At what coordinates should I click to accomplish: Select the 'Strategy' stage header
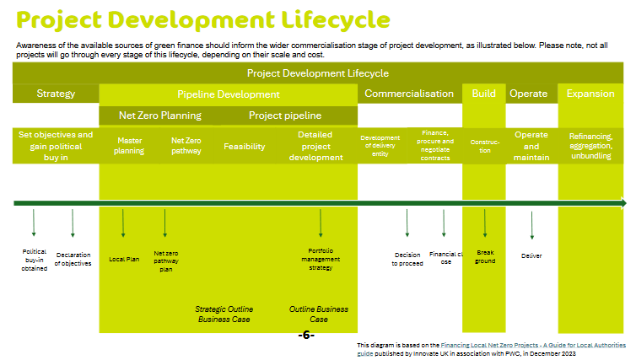56,94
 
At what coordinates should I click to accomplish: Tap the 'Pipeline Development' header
228,94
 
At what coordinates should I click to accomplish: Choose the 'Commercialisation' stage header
409,94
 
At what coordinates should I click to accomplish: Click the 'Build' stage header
483,94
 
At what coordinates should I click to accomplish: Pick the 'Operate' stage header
528,94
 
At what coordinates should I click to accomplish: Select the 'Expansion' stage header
590,94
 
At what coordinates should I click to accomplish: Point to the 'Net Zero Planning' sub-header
160,116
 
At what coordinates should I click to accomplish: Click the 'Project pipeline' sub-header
284,116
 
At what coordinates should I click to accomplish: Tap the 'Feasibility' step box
245,146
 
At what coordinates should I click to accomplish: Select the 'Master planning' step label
129,146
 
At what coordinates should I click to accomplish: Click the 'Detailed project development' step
315,146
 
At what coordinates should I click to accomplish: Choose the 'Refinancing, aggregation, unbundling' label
590,146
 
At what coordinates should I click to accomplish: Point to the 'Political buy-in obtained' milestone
34,260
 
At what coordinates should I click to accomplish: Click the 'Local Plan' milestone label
124,259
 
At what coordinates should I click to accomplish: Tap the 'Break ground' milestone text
485,256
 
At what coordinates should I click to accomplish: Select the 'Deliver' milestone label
531,255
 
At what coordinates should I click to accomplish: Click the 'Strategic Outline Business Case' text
224,314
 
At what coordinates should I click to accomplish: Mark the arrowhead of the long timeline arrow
623,203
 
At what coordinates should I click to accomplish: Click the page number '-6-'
306,336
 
